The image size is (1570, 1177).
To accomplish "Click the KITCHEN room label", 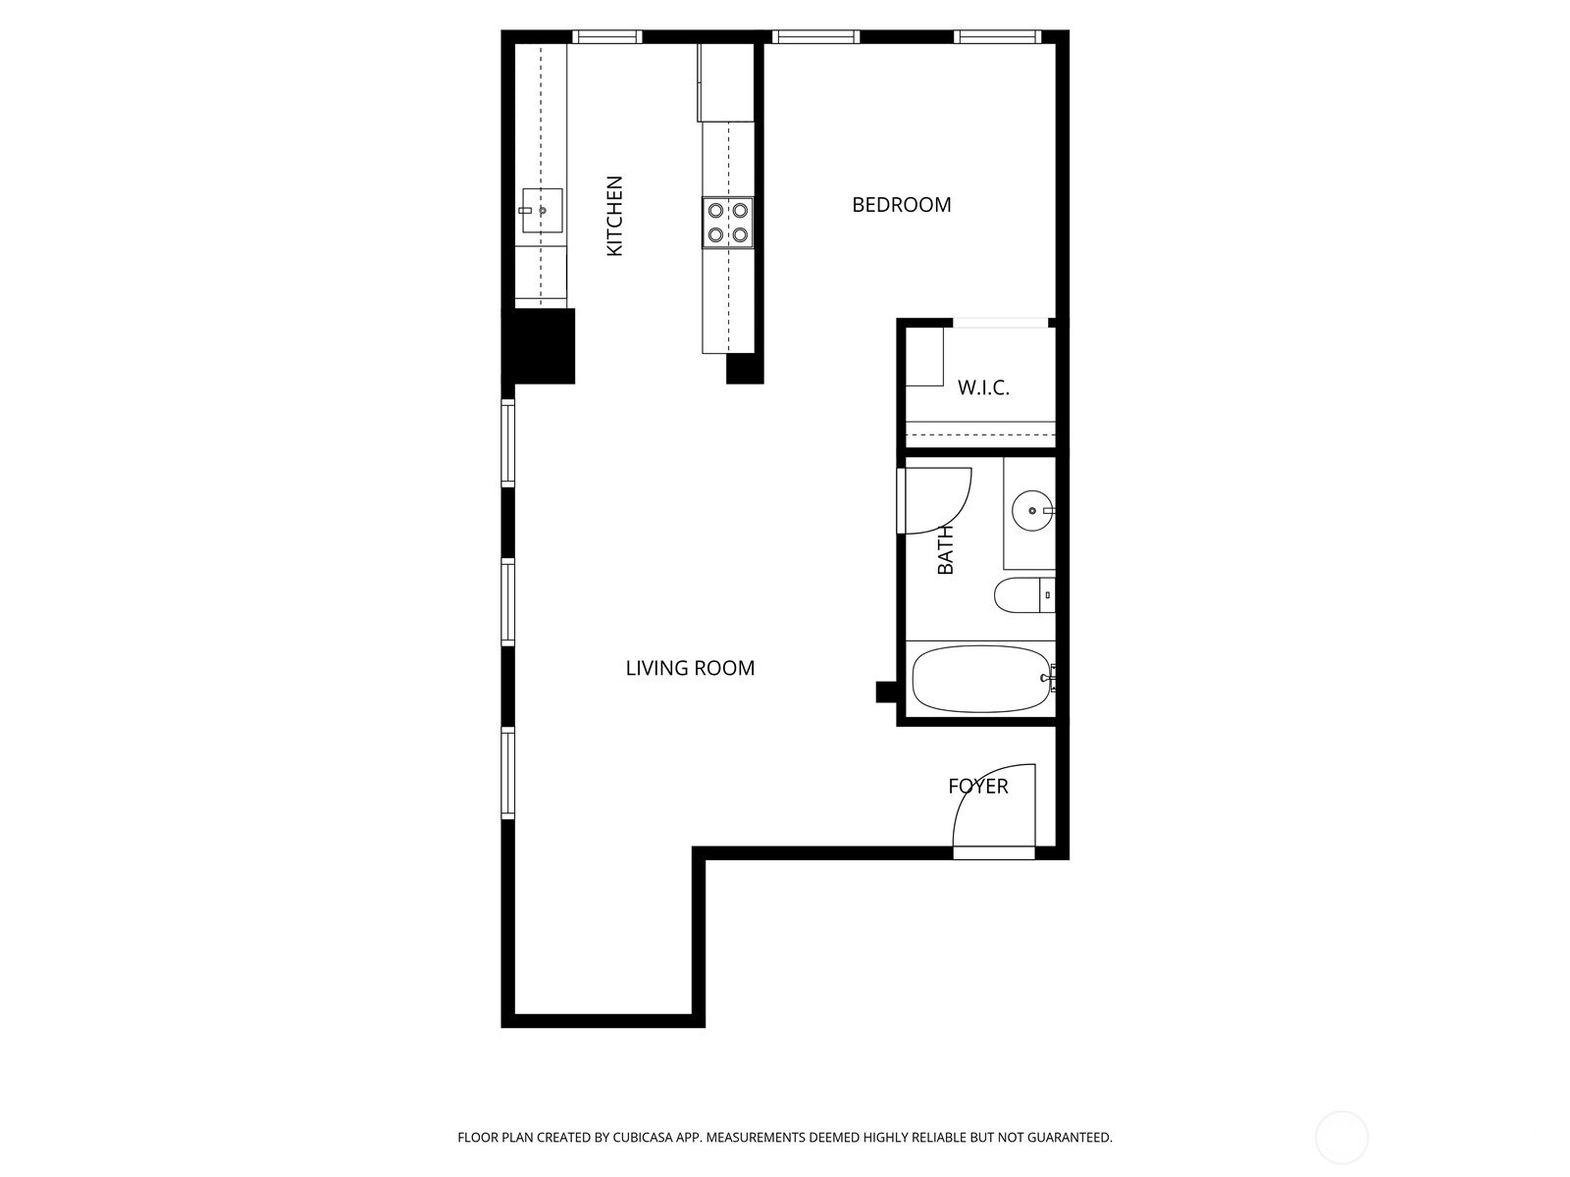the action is [614, 216].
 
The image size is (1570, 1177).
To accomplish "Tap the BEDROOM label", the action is [901, 205].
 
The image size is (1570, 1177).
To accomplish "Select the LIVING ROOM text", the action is [690, 668].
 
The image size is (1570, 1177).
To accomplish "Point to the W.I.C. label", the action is [983, 388].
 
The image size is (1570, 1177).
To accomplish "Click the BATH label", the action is [946, 550].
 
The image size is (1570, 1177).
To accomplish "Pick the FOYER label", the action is [977, 786].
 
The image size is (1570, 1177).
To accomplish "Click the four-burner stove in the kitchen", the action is [727, 223].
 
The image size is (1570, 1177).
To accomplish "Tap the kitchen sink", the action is [542, 210].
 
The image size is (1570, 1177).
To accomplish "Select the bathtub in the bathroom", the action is [982, 679].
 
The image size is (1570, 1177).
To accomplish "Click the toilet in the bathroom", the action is [1024, 594].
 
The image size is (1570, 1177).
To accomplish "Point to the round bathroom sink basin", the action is [1032, 511].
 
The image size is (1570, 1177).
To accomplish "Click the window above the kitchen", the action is [606, 36].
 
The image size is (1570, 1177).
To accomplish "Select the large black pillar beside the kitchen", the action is [538, 346].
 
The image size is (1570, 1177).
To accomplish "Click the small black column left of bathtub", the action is [886, 692].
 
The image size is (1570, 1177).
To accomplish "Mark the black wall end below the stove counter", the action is [745, 369].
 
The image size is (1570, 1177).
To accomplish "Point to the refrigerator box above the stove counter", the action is [726, 83].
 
